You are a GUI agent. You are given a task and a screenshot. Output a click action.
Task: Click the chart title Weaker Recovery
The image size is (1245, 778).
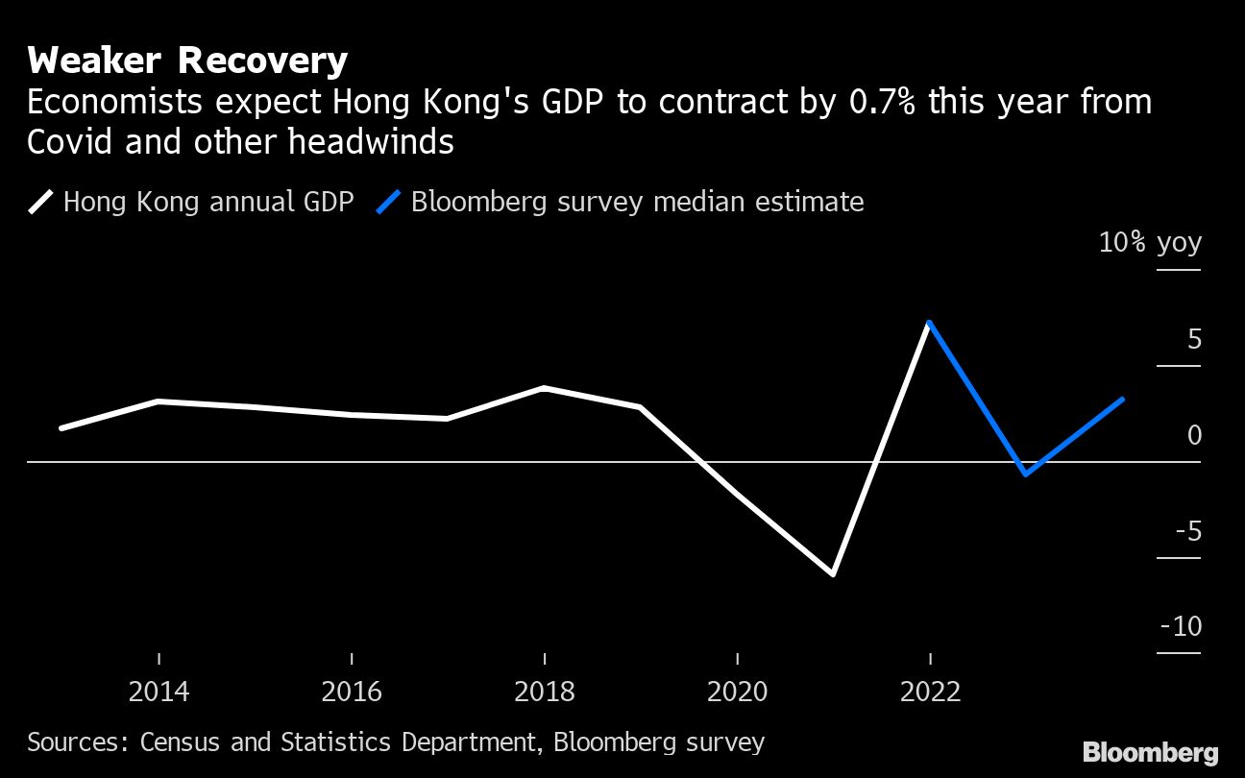pyautogui.click(x=186, y=61)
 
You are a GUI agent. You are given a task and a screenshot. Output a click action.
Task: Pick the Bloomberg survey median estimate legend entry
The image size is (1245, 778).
pyautogui.click(x=637, y=202)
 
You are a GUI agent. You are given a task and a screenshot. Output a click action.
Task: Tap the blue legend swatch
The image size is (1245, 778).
pyautogui.click(x=388, y=202)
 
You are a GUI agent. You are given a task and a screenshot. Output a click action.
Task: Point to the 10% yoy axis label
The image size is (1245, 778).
pyautogui.click(x=1150, y=242)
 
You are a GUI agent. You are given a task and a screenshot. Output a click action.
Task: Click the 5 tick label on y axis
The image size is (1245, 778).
pyautogui.click(x=1194, y=339)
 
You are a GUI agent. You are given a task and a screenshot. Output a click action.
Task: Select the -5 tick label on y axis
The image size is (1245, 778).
pyautogui.click(x=1187, y=531)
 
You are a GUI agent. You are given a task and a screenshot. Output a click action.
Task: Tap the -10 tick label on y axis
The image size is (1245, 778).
pyautogui.click(x=1182, y=626)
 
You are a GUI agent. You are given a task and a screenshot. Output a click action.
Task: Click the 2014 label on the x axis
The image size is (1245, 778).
pyautogui.click(x=159, y=692)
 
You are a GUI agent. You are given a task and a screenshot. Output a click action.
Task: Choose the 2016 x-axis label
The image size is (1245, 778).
pyautogui.click(x=352, y=692)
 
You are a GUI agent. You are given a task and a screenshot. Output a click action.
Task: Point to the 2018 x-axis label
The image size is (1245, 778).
pyautogui.click(x=545, y=692)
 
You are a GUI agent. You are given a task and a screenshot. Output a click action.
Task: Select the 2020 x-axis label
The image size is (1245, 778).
pyautogui.click(x=737, y=692)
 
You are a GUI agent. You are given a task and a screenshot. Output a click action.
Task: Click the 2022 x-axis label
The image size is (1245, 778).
pyautogui.click(x=930, y=692)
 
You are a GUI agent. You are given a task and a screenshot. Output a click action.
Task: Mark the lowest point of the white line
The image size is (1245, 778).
pyautogui.click(x=833, y=574)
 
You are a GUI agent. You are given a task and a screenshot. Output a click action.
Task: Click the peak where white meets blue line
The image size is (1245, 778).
pyautogui.click(x=929, y=323)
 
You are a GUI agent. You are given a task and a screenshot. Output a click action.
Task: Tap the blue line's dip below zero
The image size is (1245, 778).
pyautogui.click(x=1026, y=474)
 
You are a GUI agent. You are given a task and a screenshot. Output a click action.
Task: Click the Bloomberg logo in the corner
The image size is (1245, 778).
pyautogui.click(x=1150, y=752)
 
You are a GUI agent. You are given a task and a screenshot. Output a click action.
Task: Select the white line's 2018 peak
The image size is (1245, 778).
pyautogui.click(x=544, y=388)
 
